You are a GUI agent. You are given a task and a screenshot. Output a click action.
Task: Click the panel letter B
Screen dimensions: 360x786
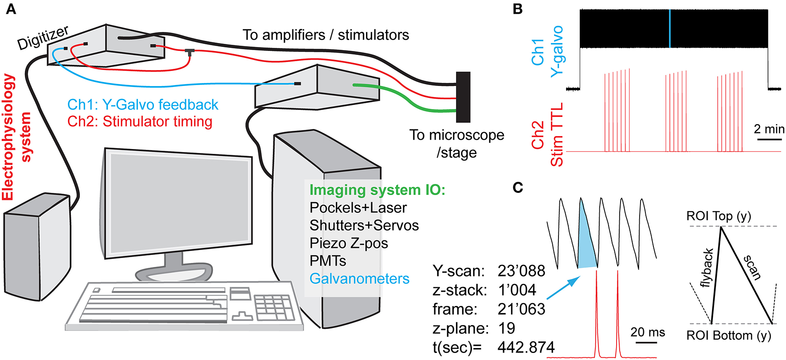tap(517, 9)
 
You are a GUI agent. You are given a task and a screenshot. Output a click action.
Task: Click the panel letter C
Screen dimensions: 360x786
tap(518, 188)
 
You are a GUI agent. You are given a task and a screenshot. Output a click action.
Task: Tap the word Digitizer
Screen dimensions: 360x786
tap(43, 38)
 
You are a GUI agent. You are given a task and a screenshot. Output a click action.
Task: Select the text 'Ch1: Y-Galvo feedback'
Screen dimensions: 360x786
tap(142, 105)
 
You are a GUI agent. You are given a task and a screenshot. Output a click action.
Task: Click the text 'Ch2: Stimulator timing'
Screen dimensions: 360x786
tap(140, 121)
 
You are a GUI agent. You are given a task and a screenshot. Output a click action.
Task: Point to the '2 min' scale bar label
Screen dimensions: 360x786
tap(769, 129)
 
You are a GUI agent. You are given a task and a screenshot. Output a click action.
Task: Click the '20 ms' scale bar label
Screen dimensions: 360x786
tap(647, 332)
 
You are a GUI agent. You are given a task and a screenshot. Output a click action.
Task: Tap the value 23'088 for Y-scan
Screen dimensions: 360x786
tap(521, 271)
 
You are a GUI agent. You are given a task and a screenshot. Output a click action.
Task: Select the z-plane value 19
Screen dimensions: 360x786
tap(507, 329)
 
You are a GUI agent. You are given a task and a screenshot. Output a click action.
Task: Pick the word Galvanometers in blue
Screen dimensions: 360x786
tap(359, 278)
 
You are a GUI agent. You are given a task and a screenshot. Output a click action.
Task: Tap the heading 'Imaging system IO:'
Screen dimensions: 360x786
tap(377, 190)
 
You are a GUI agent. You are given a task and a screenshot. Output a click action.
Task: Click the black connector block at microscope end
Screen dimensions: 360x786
tap(463, 97)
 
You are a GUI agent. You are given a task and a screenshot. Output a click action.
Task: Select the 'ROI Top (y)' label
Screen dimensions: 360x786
tap(718, 216)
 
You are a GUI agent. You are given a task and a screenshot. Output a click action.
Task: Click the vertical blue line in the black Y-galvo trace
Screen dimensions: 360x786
tap(669, 28)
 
